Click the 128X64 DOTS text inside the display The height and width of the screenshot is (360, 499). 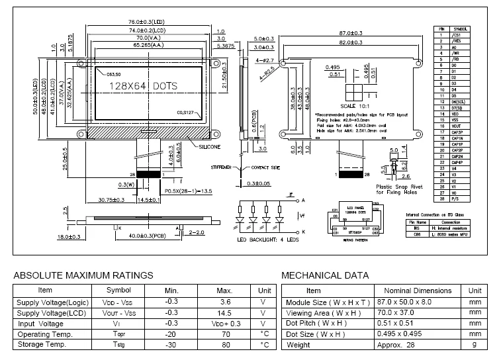tap(141, 87)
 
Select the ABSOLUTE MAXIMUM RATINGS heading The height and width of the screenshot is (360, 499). tap(83, 275)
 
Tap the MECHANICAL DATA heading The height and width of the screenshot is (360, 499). tap(325, 275)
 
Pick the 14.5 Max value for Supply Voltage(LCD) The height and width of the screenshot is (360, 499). tap(225, 312)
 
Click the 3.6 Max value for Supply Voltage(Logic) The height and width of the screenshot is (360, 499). tap(225, 301)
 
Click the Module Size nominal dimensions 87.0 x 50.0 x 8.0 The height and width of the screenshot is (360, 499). tap(414, 301)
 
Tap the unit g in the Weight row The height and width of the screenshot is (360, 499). tap(474, 344)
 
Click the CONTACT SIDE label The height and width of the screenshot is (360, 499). tap(267, 168)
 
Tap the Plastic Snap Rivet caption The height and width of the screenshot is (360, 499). tap(396, 187)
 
